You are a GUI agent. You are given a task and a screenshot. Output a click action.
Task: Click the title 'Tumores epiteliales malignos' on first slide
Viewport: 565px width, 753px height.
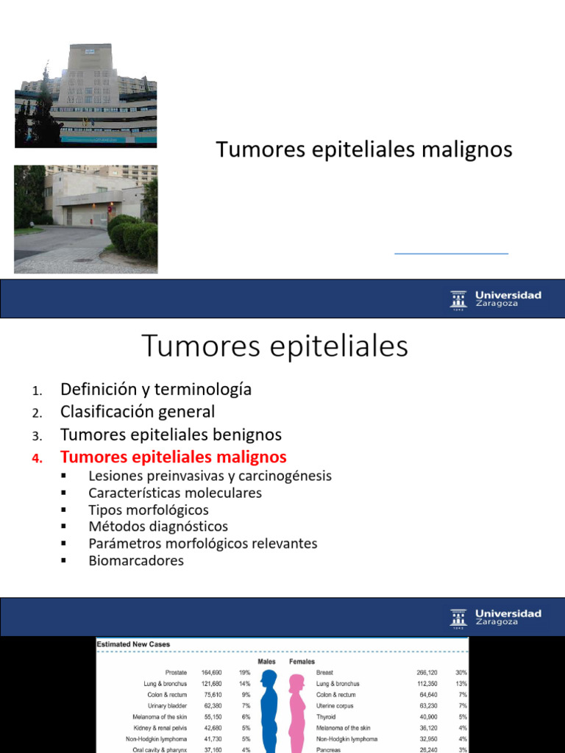(364, 149)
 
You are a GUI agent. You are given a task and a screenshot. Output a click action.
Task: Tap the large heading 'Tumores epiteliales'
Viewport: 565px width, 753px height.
(274, 346)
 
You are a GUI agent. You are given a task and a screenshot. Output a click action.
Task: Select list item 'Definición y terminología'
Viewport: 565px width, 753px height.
(156, 389)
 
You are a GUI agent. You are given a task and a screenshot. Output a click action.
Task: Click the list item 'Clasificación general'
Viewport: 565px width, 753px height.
(138, 412)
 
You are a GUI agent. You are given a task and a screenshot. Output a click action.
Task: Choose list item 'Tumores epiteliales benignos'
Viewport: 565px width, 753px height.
(171, 435)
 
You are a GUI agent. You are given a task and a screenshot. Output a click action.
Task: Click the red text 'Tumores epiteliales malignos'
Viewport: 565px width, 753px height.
(174, 457)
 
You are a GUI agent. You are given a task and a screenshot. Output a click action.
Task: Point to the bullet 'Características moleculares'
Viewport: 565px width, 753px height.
(175, 493)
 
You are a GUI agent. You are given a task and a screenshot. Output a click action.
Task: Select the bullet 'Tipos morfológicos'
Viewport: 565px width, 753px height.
(149, 510)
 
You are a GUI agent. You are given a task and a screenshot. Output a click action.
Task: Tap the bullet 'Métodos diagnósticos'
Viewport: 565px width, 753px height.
(158, 527)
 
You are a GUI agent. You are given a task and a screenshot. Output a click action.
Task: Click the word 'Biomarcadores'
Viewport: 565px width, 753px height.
(136, 560)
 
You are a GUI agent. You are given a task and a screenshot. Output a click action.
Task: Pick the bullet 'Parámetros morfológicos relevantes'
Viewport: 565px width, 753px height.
(203, 543)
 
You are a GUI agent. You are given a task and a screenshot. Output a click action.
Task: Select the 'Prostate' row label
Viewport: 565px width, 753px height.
(176, 672)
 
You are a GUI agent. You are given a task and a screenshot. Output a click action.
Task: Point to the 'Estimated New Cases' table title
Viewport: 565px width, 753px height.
(134, 644)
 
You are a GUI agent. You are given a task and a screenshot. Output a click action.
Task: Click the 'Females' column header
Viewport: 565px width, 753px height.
(302, 661)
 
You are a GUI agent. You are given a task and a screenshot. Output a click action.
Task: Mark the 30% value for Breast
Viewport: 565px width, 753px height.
(461, 672)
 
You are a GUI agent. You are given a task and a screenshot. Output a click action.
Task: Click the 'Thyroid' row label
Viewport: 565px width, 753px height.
(327, 717)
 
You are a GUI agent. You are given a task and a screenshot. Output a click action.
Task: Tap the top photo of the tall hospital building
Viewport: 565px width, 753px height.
(85, 94)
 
